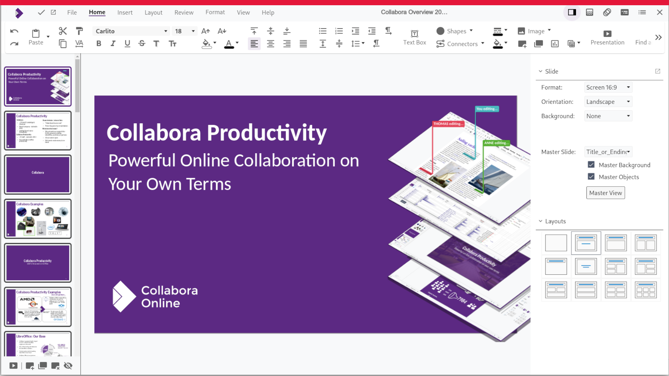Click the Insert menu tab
pyautogui.click(x=125, y=13)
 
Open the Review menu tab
pyautogui.click(x=184, y=13)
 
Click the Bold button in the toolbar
pyautogui.click(x=99, y=44)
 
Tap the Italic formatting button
pyautogui.click(x=113, y=44)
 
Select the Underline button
pyautogui.click(x=127, y=44)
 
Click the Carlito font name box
pyautogui.click(x=129, y=31)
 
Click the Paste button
pyautogui.click(x=36, y=37)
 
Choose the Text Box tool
pyautogui.click(x=414, y=37)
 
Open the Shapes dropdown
pyautogui.click(x=455, y=31)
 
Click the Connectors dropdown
pyautogui.click(x=460, y=44)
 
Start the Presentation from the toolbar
pyautogui.click(x=607, y=37)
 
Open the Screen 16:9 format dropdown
pyautogui.click(x=608, y=87)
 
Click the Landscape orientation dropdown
pyautogui.click(x=608, y=102)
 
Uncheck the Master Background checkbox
pyautogui.click(x=591, y=165)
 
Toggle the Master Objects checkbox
pyautogui.click(x=591, y=177)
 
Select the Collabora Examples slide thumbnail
pyautogui.click(x=38, y=219)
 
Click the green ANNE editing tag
pyautogui.click(x=496, y=143)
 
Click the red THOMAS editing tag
pyautogui.click(x=448, y=124)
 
